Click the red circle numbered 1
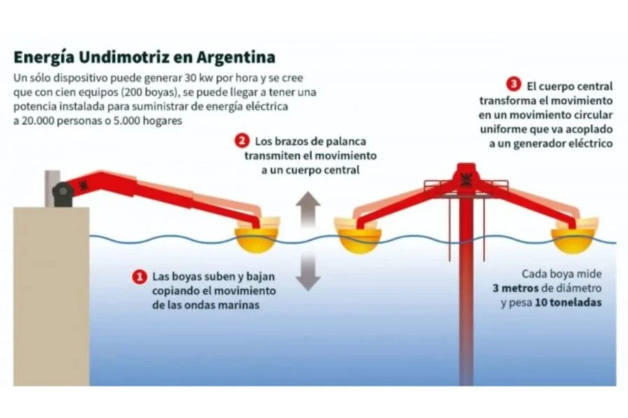pyautogui.click(x=139, y=277)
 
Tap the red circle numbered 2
pyautogui.click(x=242, y=140)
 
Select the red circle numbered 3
pyautogui.click(x=514, y=84)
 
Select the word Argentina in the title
pyautogui.click(x=236, y=57)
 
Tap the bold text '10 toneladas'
pyautogui.click(x=568, y=303)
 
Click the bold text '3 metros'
pyautogui.click(x=516, y=288)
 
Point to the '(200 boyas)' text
pyautogui.click(x=150, y=92)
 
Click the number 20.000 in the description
pyautogui.click(x=36, y=121)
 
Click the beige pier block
pyautogui.click(x=51, y=297)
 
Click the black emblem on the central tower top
pyautogui.click(x=466, y=179)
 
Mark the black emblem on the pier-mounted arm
pyautogui.click(x=83, y=185)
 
